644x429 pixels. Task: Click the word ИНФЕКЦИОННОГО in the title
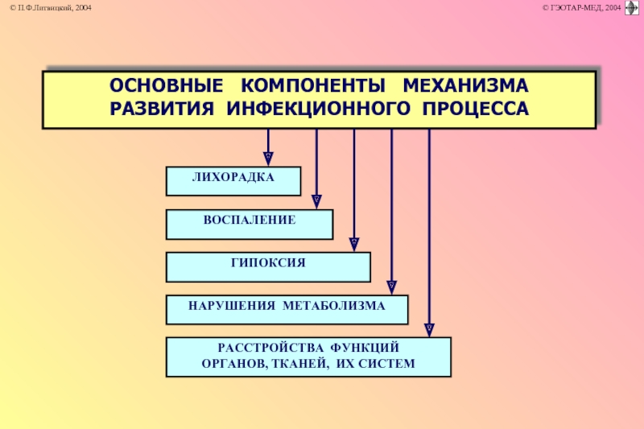310,108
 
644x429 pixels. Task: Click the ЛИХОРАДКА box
233,181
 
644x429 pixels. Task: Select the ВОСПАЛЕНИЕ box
250,225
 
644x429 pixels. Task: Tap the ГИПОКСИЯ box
268,267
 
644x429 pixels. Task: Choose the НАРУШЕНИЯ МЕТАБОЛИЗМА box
287,309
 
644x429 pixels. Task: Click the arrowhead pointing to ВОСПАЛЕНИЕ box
316,200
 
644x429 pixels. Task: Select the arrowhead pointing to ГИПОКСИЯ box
354,243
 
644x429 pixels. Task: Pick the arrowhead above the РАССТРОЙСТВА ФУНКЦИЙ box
429,328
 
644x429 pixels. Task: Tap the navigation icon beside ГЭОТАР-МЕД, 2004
632,8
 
